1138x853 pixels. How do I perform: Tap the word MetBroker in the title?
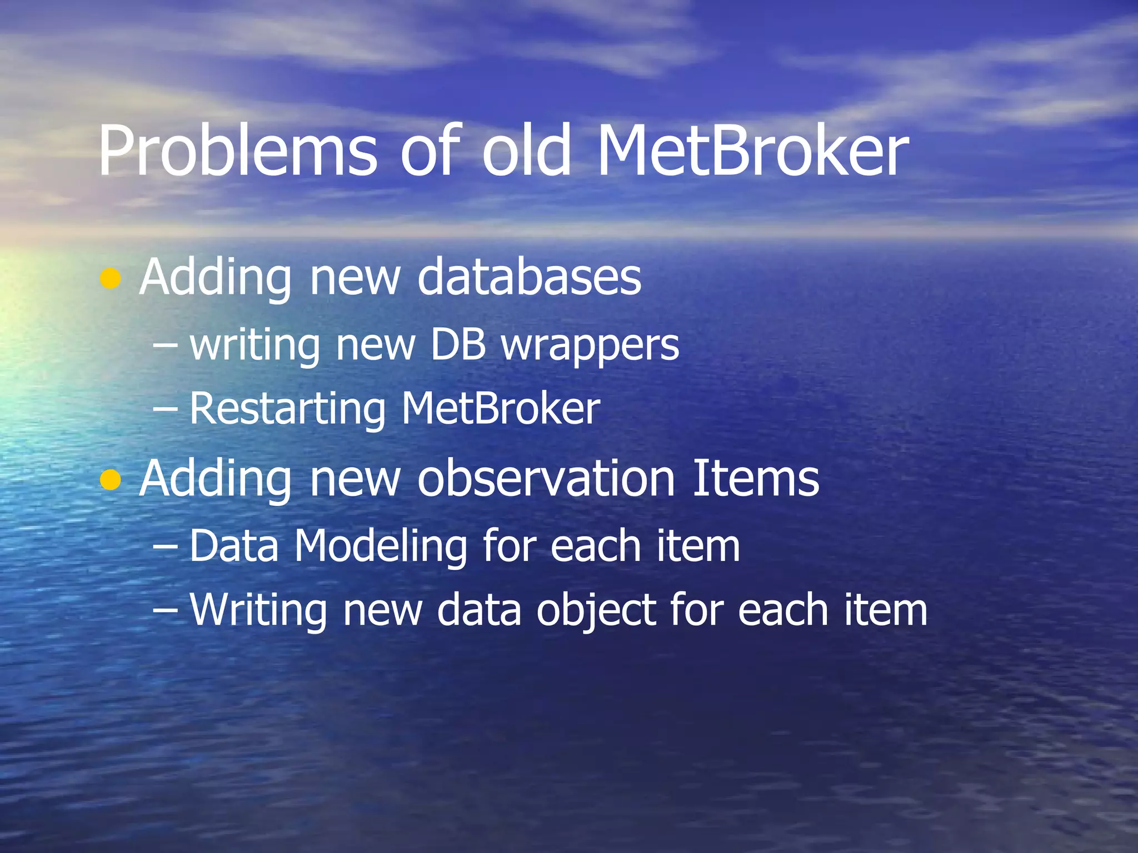coord(753,152)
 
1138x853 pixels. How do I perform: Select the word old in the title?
coord(526,152)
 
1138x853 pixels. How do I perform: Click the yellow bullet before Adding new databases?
coord(111,279)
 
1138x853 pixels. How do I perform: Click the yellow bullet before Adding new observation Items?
coord(111,480)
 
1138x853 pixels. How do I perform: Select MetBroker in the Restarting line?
coord(501,409)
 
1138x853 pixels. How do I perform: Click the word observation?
coord(546,478)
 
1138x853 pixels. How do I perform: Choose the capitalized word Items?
coord(756,478)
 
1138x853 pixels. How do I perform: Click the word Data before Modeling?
coord(234,546)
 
